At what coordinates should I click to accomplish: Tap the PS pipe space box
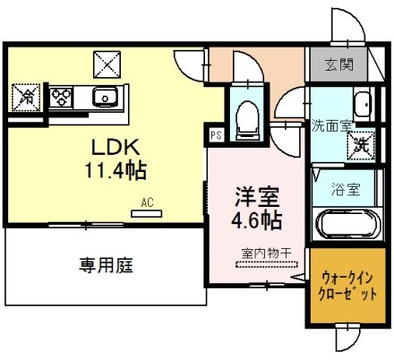click(215, 135)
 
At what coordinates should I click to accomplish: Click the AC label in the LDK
click(147, 202)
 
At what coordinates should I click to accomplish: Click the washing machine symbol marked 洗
click(360, 142)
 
